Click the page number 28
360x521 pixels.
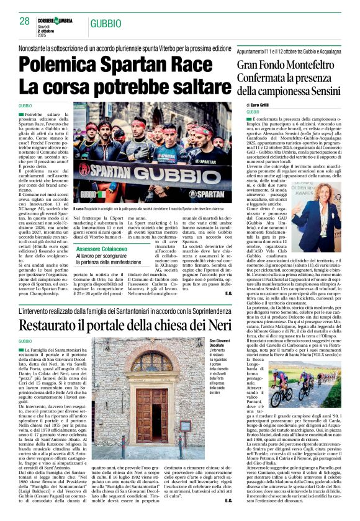point(24,22)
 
